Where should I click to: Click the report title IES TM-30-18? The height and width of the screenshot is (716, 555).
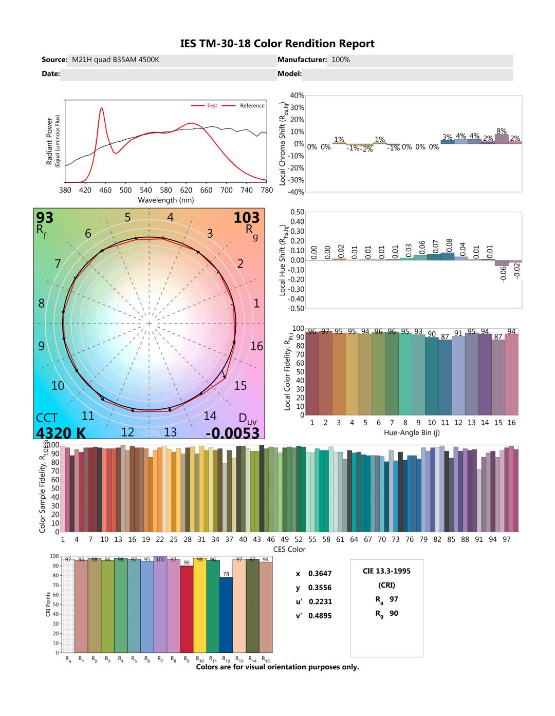click(x=277, y=44)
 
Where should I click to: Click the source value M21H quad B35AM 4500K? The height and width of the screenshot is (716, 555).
click(x=116, y=60)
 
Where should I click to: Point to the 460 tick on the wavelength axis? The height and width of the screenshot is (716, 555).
click(x=105, y=190)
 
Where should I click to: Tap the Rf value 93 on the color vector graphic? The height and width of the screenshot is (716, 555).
click(x=45, y=218)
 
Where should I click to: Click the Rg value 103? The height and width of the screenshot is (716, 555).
click(x=247, y=218)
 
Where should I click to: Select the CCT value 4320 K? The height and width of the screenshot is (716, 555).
click(x=61, y=433)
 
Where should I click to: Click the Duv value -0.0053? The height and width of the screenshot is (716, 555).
click(x=233, y=433)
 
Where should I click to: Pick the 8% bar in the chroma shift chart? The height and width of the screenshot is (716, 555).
click(x=502, y=139)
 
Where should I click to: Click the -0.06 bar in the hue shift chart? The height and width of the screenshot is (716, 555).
click(x=502, y=263)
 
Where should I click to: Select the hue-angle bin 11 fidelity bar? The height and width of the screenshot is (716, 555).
click(x=445, y=378)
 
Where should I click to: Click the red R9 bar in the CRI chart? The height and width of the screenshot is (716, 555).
click(x=187, y=609)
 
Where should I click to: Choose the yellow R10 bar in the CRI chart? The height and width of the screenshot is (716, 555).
click(x=200, y=606)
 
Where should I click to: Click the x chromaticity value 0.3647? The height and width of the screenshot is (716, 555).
click(x=320, y=574)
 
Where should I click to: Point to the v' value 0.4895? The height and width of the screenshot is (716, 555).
click(x=320, y=616)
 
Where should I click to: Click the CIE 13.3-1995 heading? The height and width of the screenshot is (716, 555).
click(x=386, y=571)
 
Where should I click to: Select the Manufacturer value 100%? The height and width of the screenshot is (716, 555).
click(x=341, y=60)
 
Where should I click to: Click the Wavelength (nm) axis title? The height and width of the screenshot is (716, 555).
click(x=166, y=200)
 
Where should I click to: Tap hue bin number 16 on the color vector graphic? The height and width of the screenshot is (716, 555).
click(x=256, y=346)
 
